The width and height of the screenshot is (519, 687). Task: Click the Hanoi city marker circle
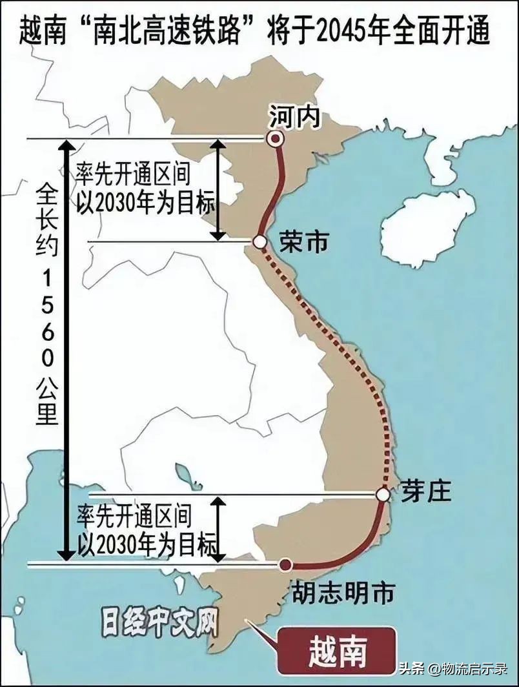pyautogui.click(x=276, y=138)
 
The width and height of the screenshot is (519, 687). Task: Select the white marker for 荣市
pyautogui.click(x=259, y=242)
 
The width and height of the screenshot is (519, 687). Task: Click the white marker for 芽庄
pyautogui.click(x=383, y=495)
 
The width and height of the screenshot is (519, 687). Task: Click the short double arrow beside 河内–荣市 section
pyautogui.click(x=219, y=190)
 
